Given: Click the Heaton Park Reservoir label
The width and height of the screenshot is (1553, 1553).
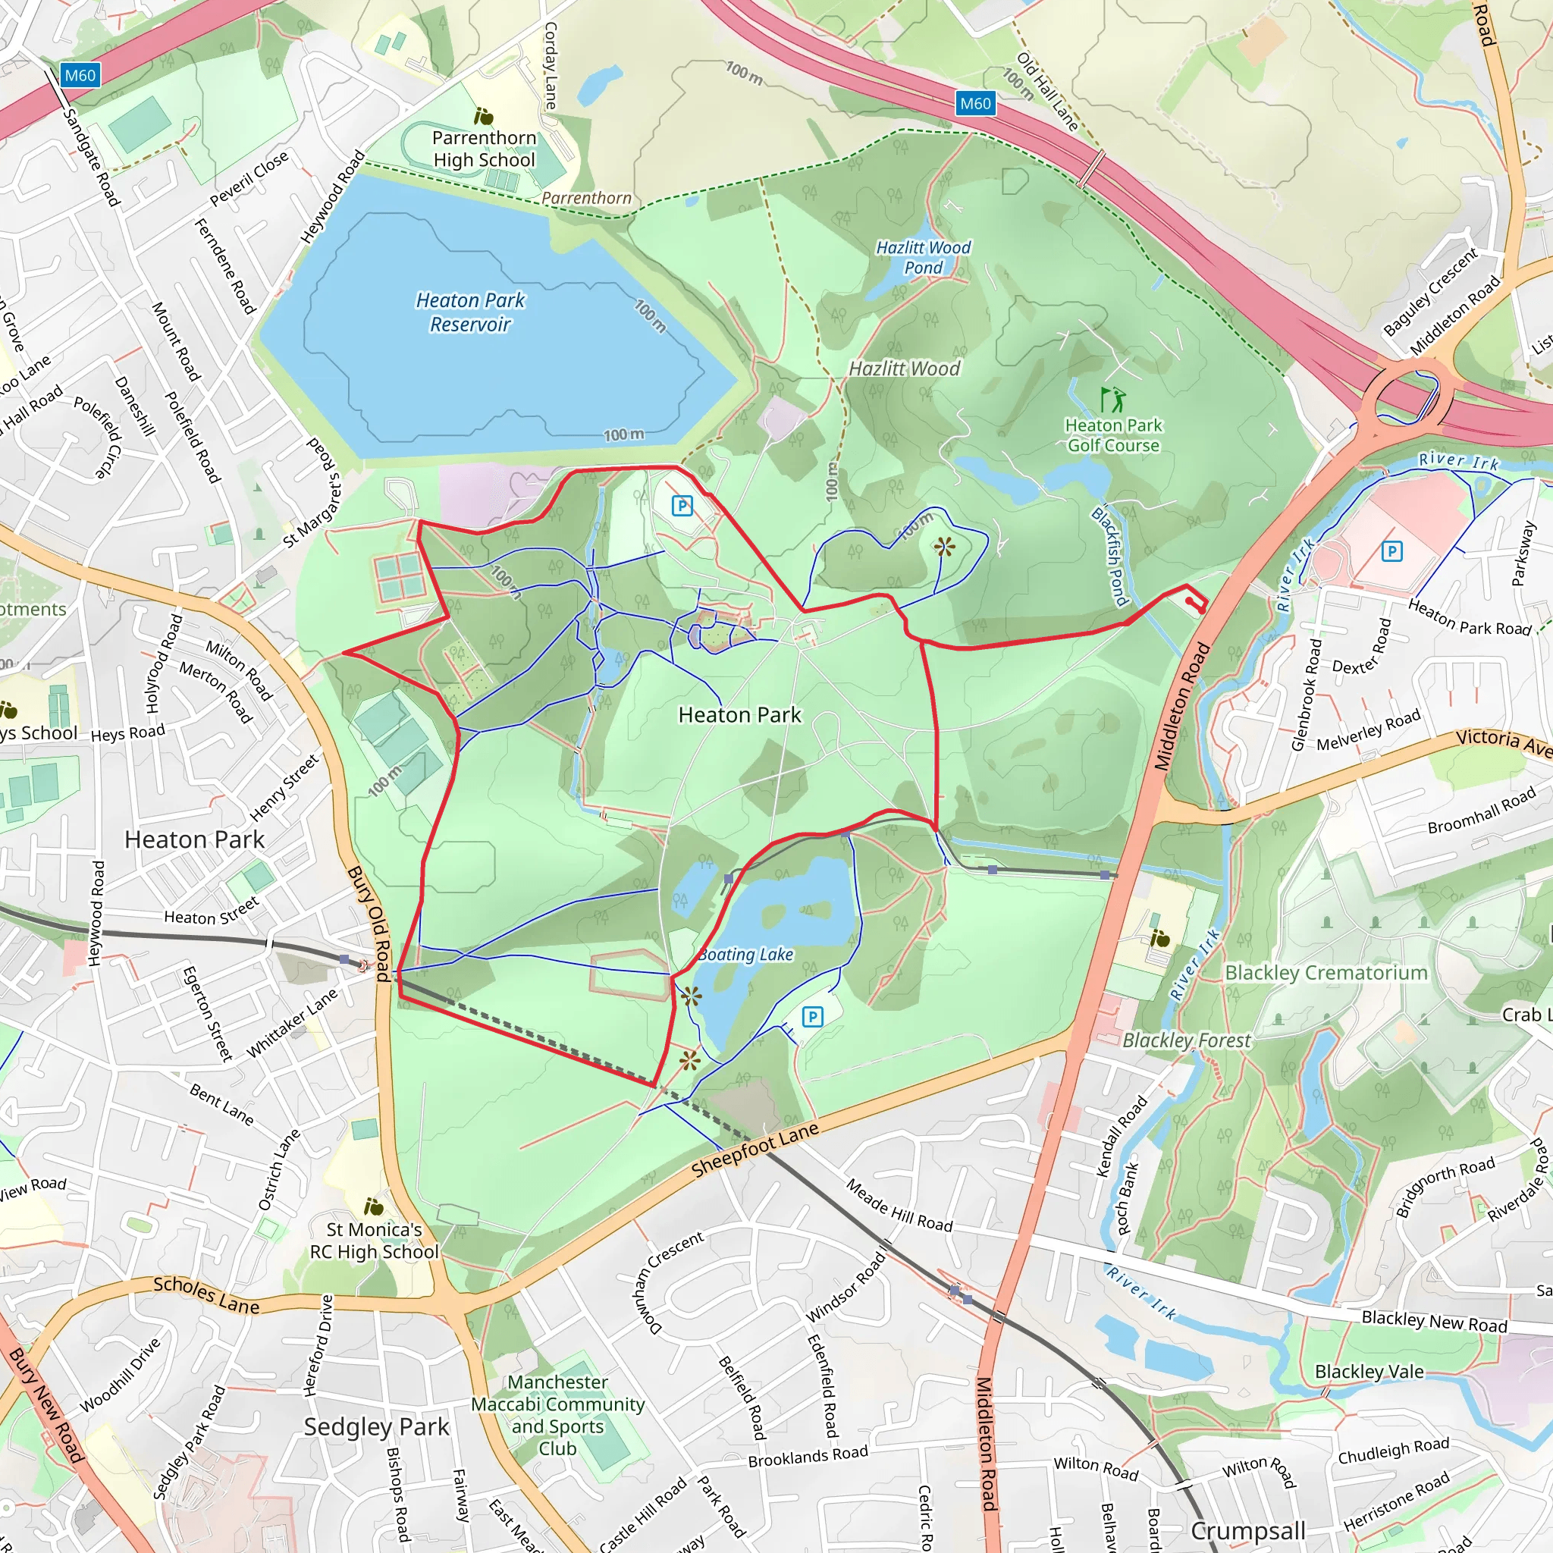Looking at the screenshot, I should (x=470, y=312).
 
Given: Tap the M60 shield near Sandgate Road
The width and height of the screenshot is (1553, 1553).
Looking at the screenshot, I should (x=80, y=76).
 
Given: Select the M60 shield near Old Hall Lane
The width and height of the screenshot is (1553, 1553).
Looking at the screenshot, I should (x=975, y=103).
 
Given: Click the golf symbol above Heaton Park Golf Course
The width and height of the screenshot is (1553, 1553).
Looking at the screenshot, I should (x=1112, y=400).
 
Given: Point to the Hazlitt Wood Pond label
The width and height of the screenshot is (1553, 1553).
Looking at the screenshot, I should (x=924, y=257).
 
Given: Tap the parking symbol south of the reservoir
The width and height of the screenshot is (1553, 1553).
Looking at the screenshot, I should (x=682, y=506).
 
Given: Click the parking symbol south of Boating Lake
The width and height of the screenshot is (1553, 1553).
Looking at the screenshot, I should (x=813, y=1017).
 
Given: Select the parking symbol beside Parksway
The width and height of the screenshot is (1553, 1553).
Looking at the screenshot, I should (x=1391, y=551).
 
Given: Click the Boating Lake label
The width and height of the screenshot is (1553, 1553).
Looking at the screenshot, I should (x=746, y=955).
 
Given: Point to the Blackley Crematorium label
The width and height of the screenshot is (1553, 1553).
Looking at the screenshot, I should (x=1326, y=973).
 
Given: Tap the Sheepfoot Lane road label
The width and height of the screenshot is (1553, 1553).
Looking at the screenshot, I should (x=755, y=1150).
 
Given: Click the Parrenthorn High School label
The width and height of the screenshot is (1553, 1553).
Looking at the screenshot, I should (x=484, y=149).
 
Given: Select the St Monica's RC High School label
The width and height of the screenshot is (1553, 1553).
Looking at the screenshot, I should (x=375, y=1241).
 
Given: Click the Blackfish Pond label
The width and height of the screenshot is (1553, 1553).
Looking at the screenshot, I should (x=1110, y=557).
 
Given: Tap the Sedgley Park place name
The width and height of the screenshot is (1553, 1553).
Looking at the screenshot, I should (x=376, y=1426).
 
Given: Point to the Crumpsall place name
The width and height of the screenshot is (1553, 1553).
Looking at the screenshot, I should (x=1247, y=1530).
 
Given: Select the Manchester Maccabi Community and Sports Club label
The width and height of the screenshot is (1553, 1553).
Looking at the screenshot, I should (x=558, y=1415).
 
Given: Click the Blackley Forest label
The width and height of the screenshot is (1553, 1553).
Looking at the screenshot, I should (x=1187, y=1040).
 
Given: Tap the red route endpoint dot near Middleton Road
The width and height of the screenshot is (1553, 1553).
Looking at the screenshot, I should (x=1189, y=601).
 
